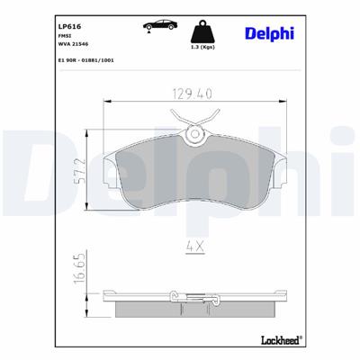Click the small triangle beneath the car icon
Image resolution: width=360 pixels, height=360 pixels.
147,32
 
